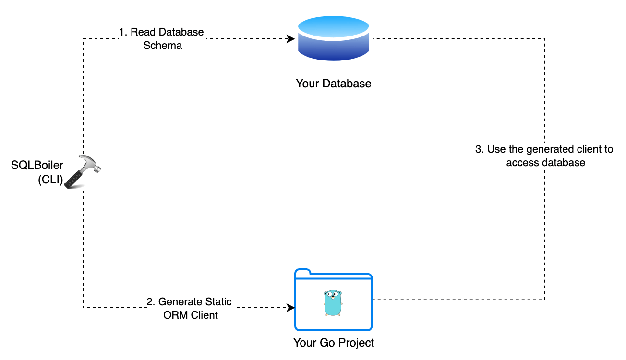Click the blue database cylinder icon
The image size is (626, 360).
coord(334,39)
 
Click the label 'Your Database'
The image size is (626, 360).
coord(334,84)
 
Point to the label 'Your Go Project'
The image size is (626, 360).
coord(334,343)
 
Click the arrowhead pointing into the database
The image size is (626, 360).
coord(291,39)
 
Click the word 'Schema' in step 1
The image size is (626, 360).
coord(163,46)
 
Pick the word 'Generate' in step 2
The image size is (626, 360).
coord(179,302)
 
